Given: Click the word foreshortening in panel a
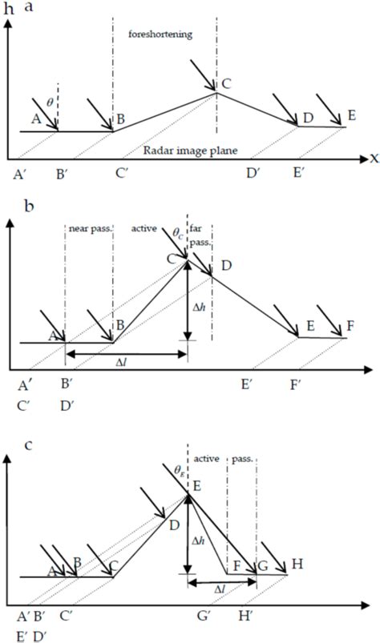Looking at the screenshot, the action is coord(160,34).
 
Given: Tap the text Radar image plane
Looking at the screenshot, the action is coord(191,150).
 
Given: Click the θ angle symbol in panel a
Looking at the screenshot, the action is coord(50,102).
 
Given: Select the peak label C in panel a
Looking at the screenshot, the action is coord(226,83).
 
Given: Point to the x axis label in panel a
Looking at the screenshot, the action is coord(374,159).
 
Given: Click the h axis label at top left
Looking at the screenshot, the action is coord(9,10).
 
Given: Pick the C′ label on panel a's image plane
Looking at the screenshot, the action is coord(121,175).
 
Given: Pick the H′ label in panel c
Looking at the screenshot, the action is coord(245,616).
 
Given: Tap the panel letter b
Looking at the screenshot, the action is coord(29,205).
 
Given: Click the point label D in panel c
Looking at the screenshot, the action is coord(174,525).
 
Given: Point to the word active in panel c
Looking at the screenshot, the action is coord(206,458).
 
